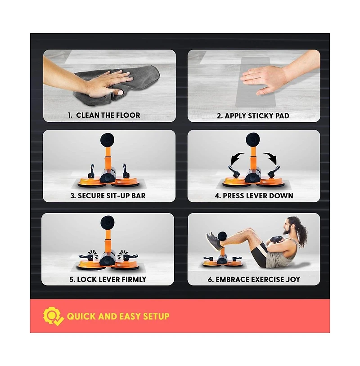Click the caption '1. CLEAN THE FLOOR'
[104, 115]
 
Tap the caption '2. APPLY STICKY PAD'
[253, 116]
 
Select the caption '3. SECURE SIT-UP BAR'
[108, 196]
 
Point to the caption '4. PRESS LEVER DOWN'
[254, 196]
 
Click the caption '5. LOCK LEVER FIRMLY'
[108, 279]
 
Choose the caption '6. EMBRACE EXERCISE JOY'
[254, 279]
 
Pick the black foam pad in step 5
[107, 222]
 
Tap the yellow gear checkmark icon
[53, 316]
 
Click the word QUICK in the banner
[81, 316]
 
